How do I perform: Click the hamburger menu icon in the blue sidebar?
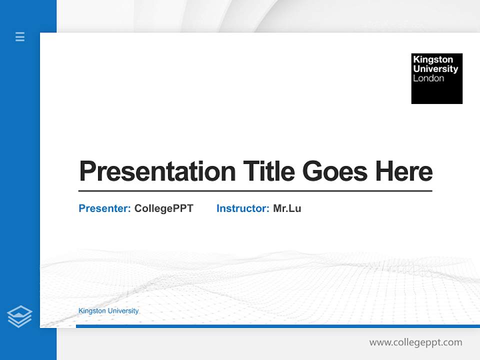coord(20,36)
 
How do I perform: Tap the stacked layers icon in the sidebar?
coord(19,316)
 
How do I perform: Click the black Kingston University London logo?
coord(436,78)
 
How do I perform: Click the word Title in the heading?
coord(269,171)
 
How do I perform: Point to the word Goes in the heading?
coord(335,171)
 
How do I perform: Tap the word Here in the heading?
coord(404,171)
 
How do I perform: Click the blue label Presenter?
coord(104,208)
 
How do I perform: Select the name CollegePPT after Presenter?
coord(163,208)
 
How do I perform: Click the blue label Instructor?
coord(242,208)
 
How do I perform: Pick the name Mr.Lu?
coord(287,208)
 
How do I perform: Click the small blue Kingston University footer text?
coord(108,311)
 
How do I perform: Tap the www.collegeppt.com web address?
coord(415,342)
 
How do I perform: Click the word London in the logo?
coord(428,78)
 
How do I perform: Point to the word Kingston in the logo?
coord(433,59)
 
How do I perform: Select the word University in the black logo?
coord(435,69)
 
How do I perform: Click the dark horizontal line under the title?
coord(255,191)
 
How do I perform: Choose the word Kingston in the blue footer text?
coord(92,311)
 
